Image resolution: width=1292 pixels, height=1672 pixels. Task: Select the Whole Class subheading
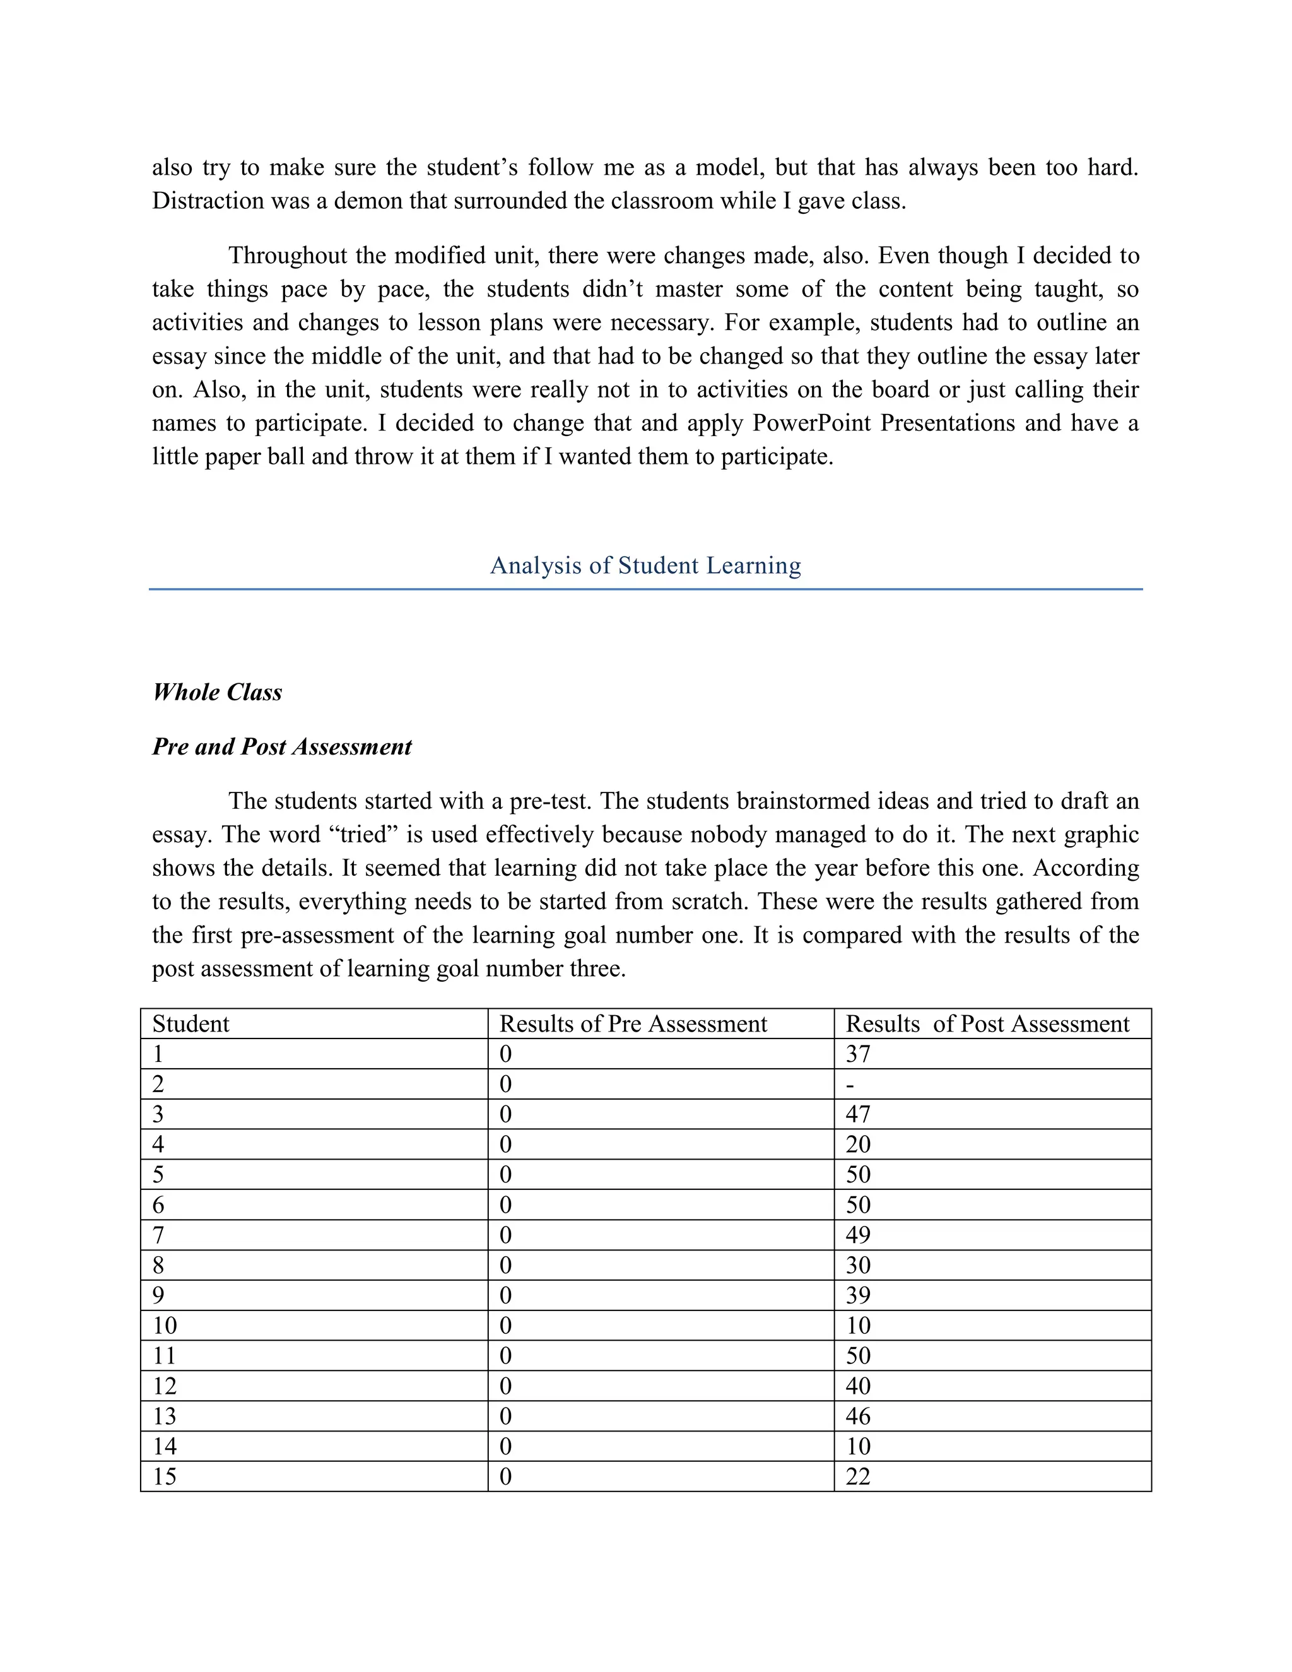tap(218, 692)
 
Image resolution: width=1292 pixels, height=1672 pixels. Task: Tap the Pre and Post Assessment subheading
tap(281, 746)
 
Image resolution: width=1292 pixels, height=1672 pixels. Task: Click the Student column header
tap(191, 1023)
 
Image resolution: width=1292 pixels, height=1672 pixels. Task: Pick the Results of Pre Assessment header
tap(633, 1023)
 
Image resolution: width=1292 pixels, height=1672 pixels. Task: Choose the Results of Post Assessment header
tap(987, 1023)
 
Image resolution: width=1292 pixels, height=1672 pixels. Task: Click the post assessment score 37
tap(858, 1054)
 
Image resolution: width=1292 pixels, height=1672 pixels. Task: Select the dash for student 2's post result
tap(850, 1085)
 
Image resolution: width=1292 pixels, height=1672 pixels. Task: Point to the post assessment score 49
tap(858, 1235)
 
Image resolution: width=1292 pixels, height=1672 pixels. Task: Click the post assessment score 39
tap(858, 1295)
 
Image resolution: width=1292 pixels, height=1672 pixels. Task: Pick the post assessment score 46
tap(858, 1416)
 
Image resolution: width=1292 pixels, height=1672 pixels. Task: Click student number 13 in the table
tap(165, 1416)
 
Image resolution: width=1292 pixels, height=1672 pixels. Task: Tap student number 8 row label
tap(158, 1266)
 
